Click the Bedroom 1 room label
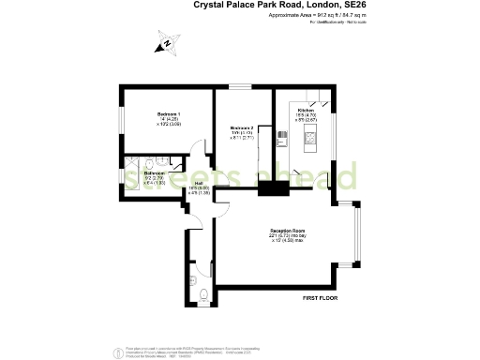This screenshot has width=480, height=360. [x=169, y=113]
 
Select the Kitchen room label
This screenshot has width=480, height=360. [x=306, y=110]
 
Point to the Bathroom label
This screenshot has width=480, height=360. [x=156, y=173]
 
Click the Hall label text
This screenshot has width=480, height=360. [x=199, y=183]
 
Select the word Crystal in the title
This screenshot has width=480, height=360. [x=212, y=5]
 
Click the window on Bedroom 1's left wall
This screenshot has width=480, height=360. [x=121, y=120]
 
